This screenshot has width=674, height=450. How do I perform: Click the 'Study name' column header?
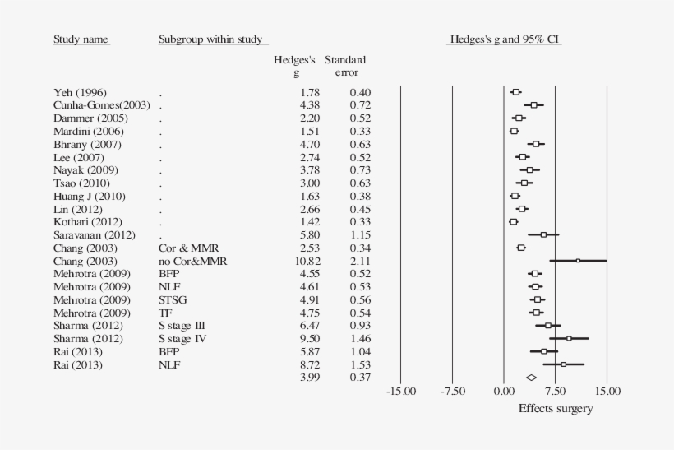81,39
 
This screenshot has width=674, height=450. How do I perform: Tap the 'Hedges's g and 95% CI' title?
505,39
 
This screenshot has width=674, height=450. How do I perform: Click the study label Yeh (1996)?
81,92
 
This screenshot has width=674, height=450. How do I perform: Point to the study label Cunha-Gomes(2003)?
102,105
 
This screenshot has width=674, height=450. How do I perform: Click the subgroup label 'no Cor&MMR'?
192,261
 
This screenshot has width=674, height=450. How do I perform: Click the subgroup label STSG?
173,299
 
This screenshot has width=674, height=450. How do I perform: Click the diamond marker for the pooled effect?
531,377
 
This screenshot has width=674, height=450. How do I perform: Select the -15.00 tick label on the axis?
401,392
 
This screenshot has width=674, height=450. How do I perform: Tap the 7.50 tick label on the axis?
556,392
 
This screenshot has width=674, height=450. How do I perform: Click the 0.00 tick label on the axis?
504,392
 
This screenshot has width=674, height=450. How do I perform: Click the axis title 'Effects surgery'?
555,409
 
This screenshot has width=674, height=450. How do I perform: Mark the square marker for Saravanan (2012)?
543,234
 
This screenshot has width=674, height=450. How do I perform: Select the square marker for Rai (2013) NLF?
563,364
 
